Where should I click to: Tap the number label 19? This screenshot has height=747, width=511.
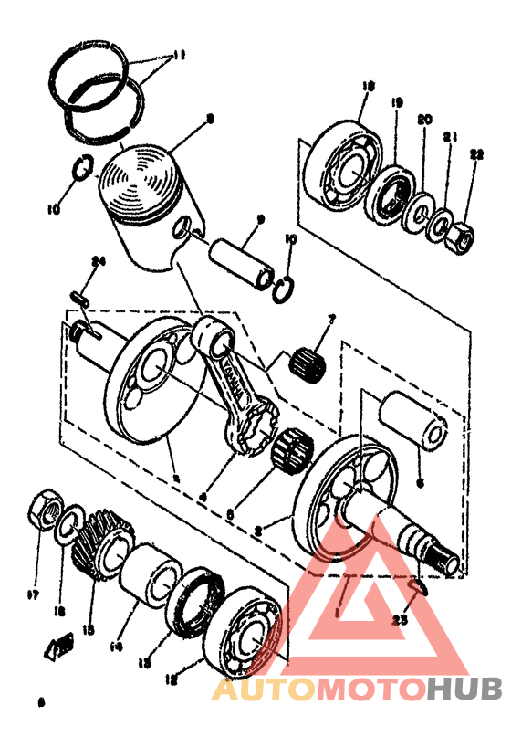click(x=396, y=103)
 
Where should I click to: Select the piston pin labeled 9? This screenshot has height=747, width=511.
click(x=242, y=261)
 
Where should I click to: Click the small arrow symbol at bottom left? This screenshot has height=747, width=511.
click(x=59, y=647)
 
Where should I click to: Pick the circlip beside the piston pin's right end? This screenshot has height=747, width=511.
click(x=284, y=286)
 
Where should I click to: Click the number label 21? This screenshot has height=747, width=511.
click(x=448, y=137)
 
